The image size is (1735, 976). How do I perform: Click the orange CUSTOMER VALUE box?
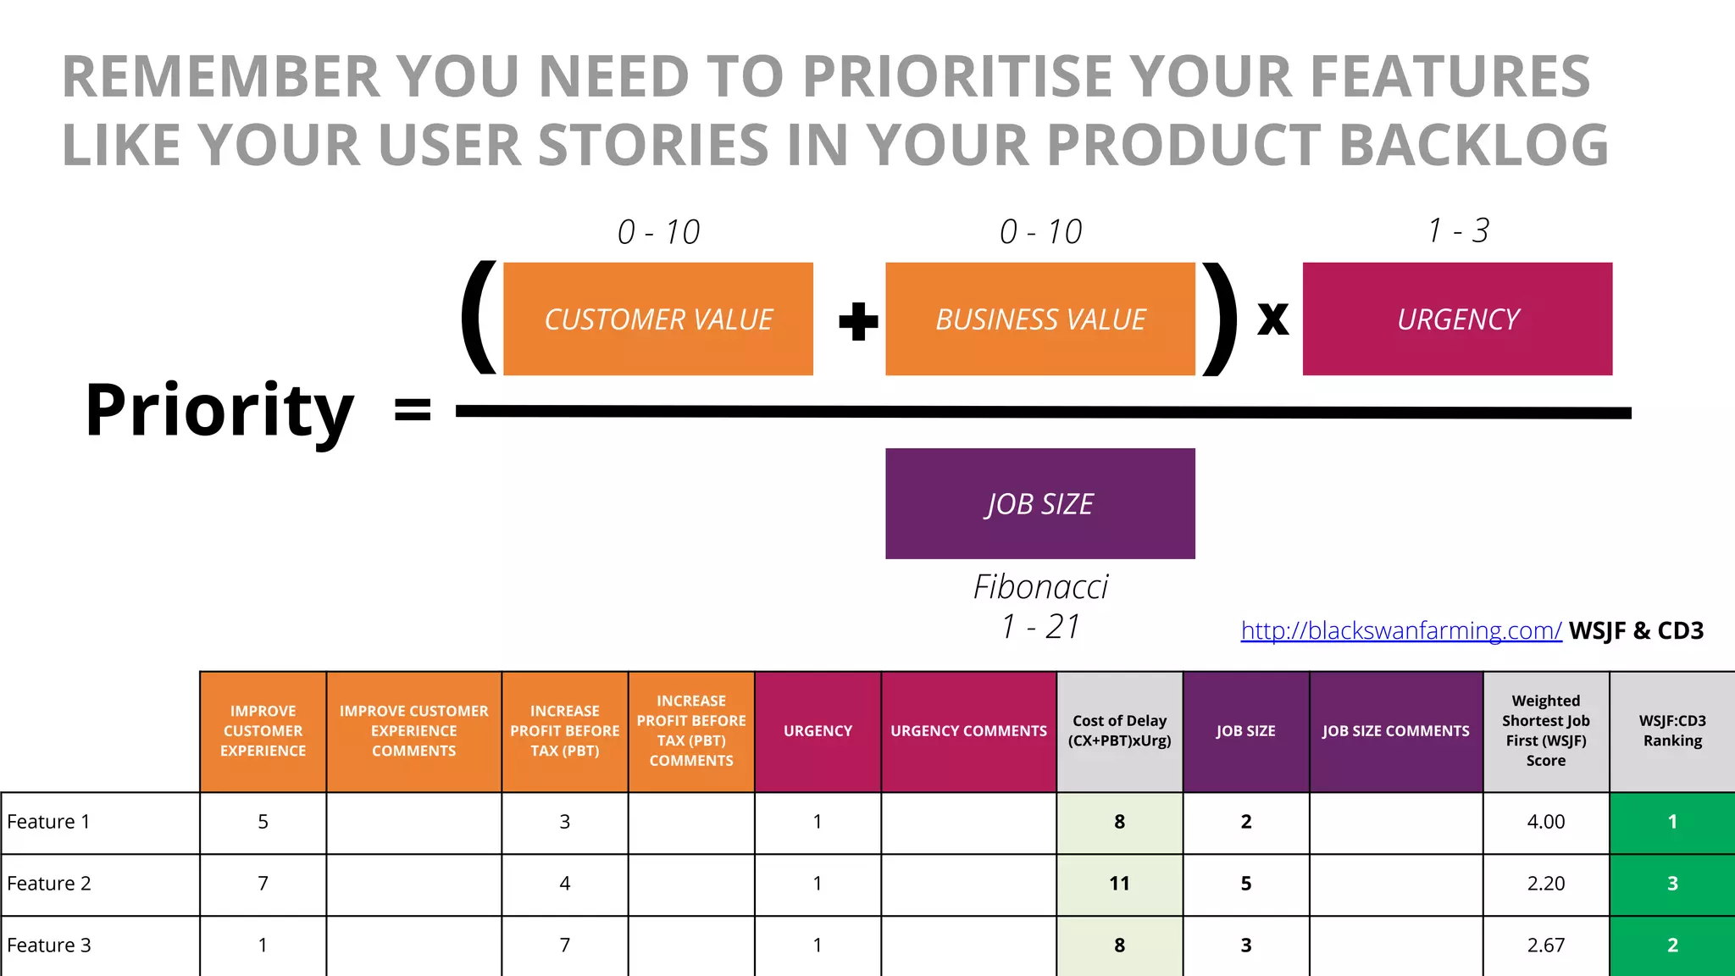tap(658, 319)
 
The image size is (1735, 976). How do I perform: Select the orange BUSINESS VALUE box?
tap(1040, 319)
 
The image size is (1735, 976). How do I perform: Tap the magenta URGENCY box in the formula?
tap(1457, 319)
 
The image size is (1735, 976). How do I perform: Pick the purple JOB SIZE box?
tap(1040, 504)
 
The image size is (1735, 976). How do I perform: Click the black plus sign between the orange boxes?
tap(858, 322)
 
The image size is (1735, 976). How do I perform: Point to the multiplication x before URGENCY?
tap(1272, 320)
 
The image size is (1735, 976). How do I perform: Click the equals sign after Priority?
tap(413, 411)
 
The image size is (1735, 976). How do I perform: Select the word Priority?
tap(219, 411)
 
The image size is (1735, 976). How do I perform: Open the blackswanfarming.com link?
tap(1400, 630)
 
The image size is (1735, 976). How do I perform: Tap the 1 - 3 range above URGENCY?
tap(1457, 230)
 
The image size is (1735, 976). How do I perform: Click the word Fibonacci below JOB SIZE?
tap(1040, 586)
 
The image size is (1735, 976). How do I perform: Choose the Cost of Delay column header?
tap(1119, 730)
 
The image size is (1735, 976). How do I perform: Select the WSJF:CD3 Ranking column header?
tap(1671, 730)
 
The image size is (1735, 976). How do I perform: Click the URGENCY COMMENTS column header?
tap(968, 730)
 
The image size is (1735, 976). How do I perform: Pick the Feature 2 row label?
tap(49, 884)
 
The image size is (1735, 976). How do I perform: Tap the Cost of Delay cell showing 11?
tap(1119, 884)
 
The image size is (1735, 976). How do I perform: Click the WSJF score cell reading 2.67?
tap(1545, 945)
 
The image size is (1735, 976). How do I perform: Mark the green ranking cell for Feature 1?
tap(1671, 822)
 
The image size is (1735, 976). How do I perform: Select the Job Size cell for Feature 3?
tap(1245, 945)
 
